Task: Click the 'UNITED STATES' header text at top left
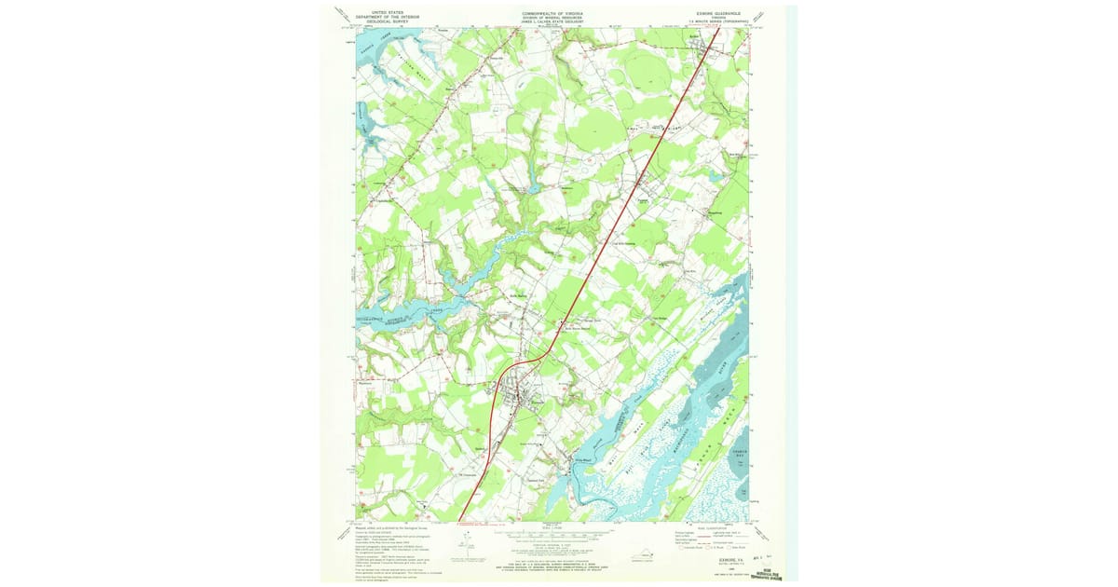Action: [394, 12]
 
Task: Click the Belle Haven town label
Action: [518, 297]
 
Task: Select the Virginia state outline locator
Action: [643, 555]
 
